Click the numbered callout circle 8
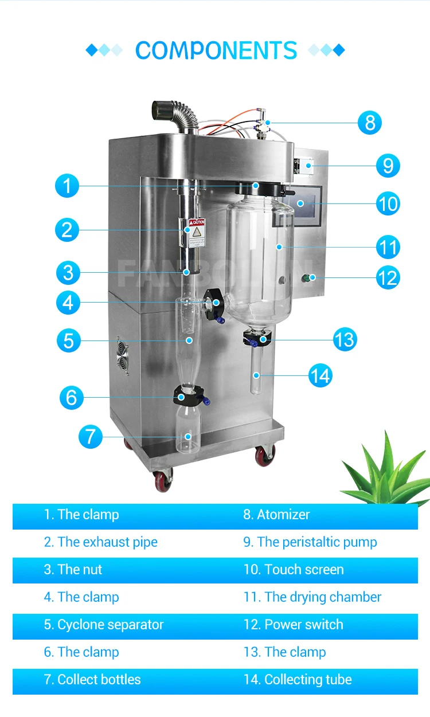[370, 123]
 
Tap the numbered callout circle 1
[67, 186]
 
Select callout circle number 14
[320, 376]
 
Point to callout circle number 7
[90, 437]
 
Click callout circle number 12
[388, 278]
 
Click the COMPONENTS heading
[216, 50]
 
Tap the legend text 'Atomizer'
[276, 515]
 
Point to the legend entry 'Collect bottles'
[92, 680]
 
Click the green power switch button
[307, 279]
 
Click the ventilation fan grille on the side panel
[122, 355]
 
